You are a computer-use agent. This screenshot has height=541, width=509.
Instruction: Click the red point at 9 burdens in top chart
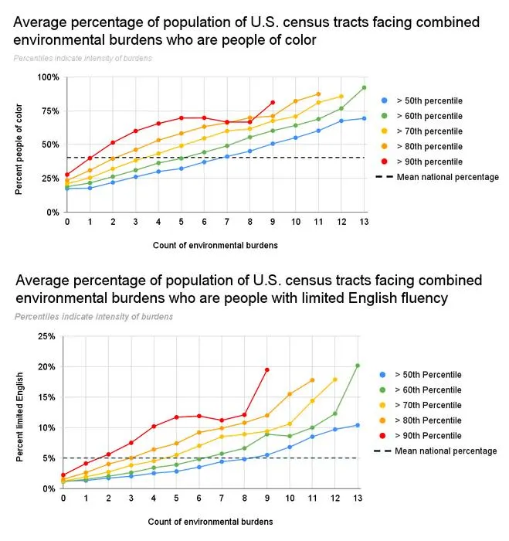[x=273, y=103]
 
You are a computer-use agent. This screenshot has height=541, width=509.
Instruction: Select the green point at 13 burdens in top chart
[x=364, y=87]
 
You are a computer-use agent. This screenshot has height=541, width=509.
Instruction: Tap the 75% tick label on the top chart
[x=50, y=111]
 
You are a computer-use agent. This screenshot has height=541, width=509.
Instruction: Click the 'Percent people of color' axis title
[x=19, y=149]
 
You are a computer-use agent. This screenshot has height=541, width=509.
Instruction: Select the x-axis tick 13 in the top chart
[x=364, y=222]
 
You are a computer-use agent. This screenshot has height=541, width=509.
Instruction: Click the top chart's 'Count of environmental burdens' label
[x=215, y=245]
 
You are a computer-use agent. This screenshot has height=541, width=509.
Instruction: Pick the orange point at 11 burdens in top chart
[x=318, y=94]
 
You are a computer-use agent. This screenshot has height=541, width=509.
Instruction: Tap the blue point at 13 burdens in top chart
[x=364, y=118]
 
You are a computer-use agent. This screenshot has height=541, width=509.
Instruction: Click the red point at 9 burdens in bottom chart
[x=267, y=370]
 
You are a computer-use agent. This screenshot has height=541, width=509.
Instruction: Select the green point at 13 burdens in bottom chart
[x=358, y=366]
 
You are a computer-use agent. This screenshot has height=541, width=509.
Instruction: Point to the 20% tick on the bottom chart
[x=46, y=367]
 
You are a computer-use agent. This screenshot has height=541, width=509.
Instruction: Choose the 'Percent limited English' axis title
[x=19, y=417]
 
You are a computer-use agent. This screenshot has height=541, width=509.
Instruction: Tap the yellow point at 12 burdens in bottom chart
[x=335, y=379]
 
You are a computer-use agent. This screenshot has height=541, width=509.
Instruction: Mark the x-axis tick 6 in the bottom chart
[x=199, y=498]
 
